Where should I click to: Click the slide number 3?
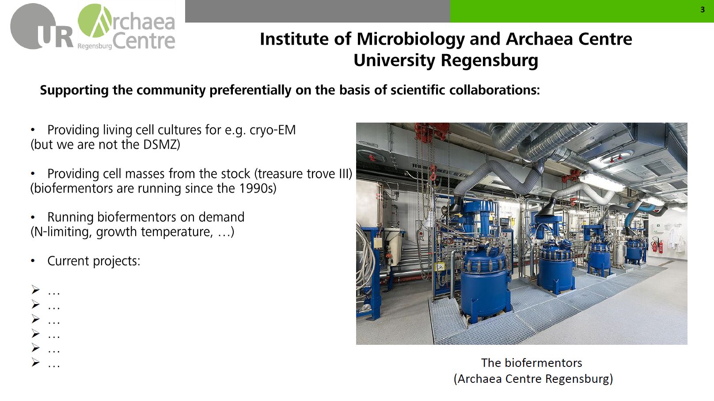703,10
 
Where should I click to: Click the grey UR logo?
42,27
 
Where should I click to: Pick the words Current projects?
94,261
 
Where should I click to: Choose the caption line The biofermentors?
532,362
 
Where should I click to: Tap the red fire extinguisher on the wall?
655,245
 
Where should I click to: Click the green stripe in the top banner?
582,11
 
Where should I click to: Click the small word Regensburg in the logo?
95,46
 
